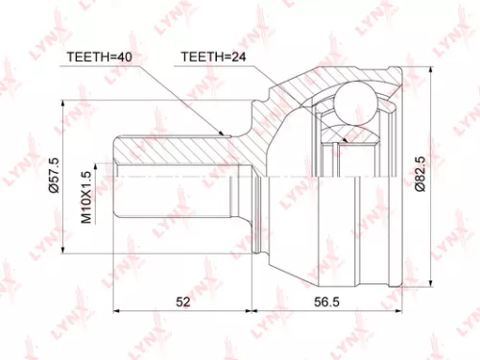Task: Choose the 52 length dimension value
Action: click(181, 300)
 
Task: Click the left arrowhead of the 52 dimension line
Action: click(115, 312)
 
